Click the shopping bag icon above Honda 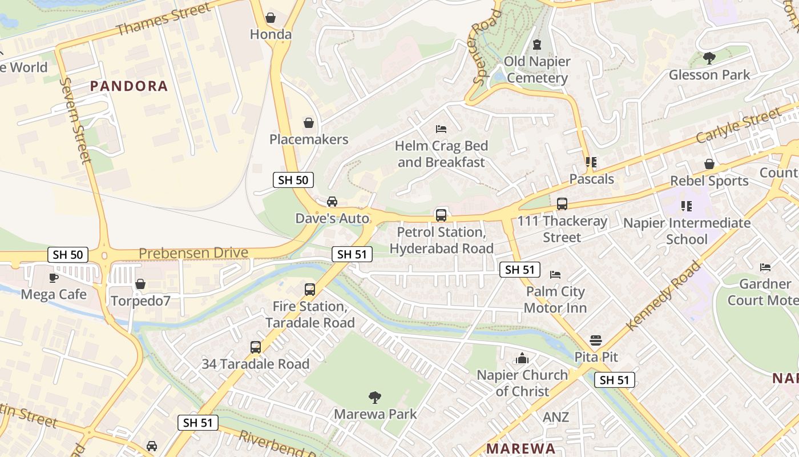coord(271,18)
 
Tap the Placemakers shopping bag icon coord(309,123)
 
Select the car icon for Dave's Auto coord(332,202)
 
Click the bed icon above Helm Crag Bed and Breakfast coord(441,129)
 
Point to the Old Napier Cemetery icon coord(536,45)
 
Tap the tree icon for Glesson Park coord(709,58)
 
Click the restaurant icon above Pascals coord(591,162)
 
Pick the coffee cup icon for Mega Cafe coord(54,278)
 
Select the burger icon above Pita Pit coord(596,340)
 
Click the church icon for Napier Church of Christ coord(522,359)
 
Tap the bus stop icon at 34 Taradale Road coord(256,347)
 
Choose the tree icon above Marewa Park coord(375,398)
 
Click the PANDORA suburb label coord(129,86)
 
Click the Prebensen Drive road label coord(193,253)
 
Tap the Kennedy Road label coord(663,295)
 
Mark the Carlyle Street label coord(737,126)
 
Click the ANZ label coord(555,417)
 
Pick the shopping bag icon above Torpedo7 coord(140,284)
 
